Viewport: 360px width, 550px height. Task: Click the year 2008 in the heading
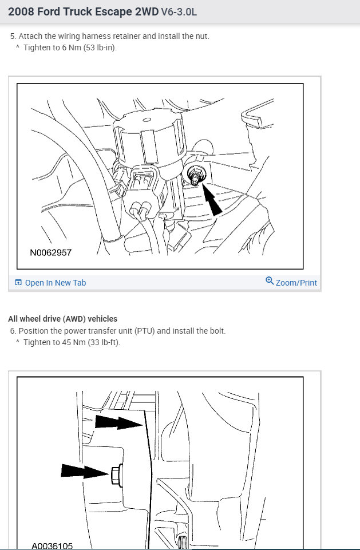tap(21, 11)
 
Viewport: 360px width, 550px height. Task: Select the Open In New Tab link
tap(56, 283)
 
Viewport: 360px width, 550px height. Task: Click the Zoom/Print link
tap(296, 283)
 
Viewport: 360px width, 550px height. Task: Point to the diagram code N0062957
tap(51, 252)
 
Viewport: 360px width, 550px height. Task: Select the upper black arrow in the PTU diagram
tap(118, 423)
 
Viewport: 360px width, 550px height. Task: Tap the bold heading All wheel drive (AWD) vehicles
tap(62, 319)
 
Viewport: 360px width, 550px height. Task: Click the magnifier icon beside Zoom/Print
tap(270, 281)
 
